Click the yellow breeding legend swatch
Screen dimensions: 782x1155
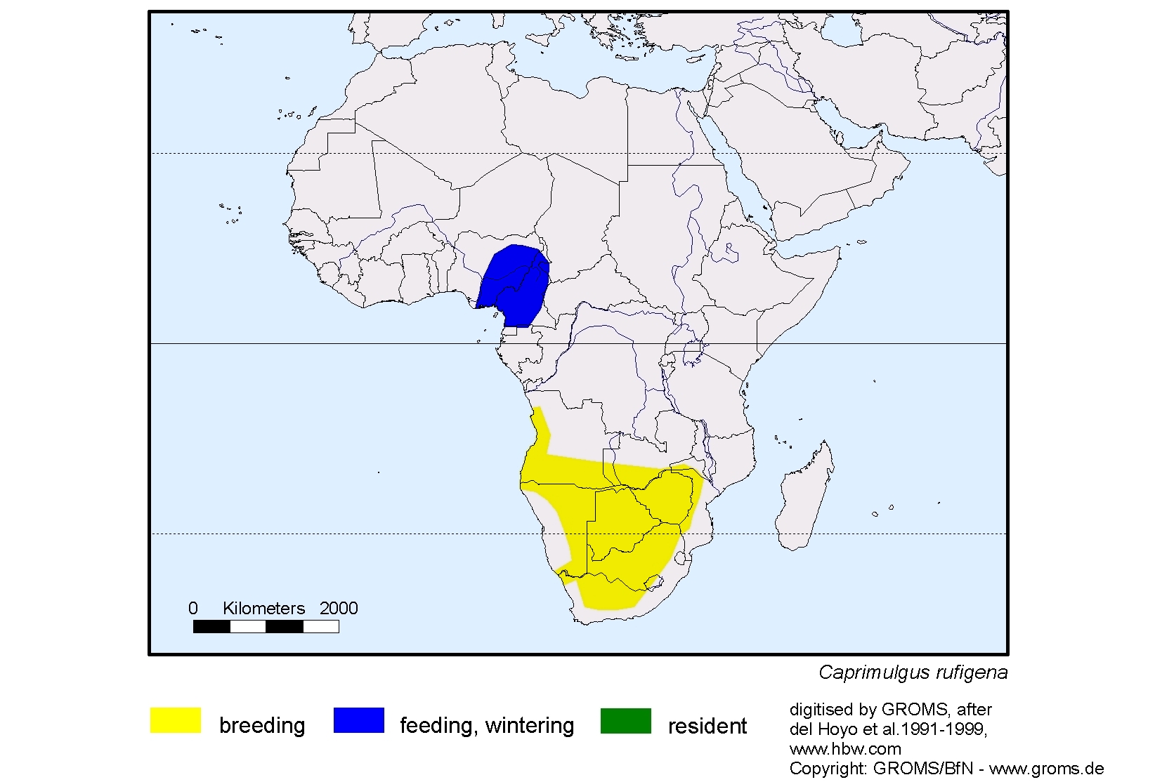point(176,721)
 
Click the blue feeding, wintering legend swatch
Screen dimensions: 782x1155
point(358,721)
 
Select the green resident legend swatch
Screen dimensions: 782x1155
point(625,721)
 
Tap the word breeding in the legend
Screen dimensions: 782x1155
point(262,725)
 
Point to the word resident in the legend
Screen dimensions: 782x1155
point(707,726)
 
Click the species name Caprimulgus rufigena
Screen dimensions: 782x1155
point(913,672)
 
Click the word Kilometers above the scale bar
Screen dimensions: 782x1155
point(263,609)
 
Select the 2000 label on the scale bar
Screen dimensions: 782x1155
point(339,609)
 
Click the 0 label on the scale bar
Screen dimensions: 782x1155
point(193,609)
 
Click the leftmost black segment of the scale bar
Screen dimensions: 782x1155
point(211,626)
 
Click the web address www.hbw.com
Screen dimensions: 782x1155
point(845,748)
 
